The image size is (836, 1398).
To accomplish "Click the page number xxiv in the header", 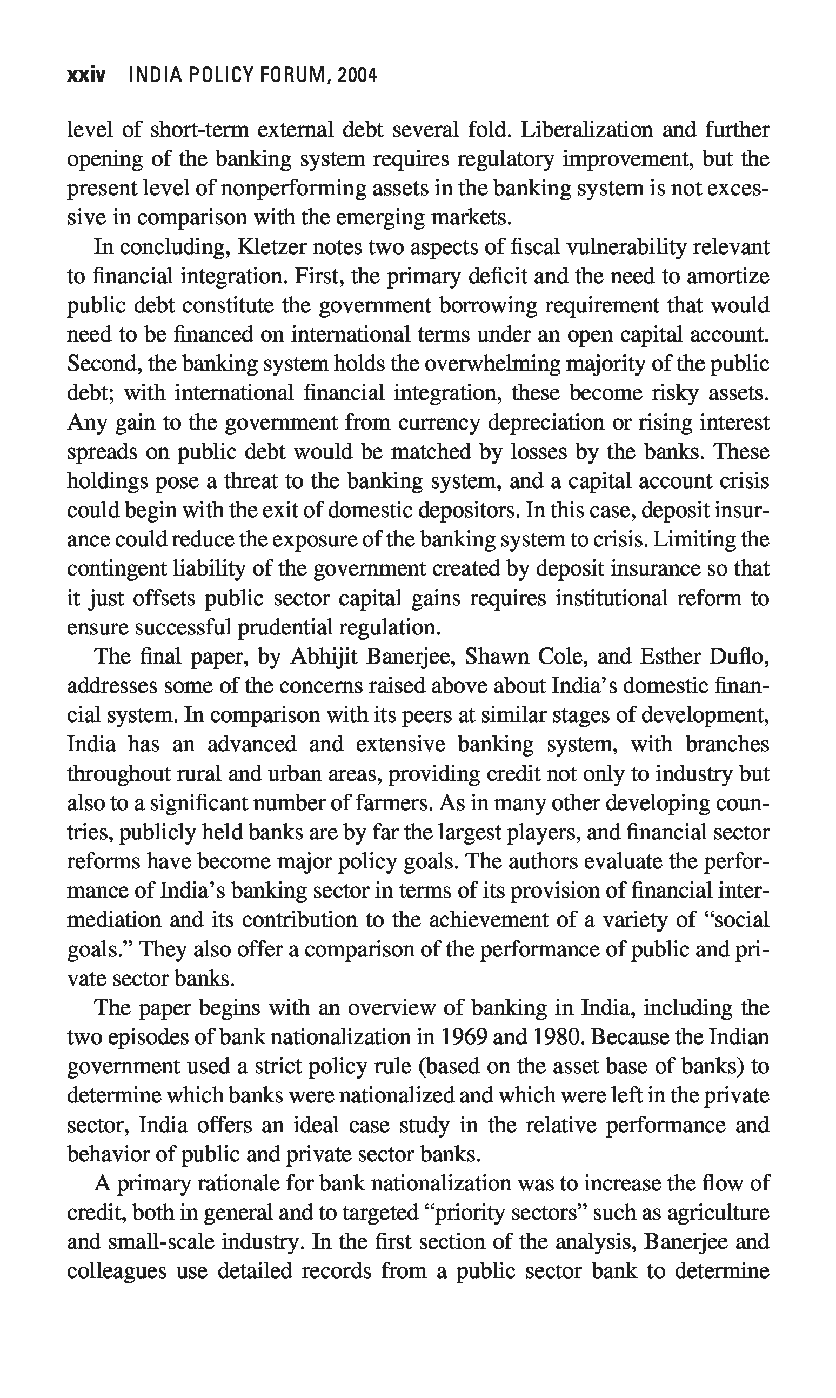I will pos(85,75).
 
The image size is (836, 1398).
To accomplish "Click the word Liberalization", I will pos(586,130).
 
